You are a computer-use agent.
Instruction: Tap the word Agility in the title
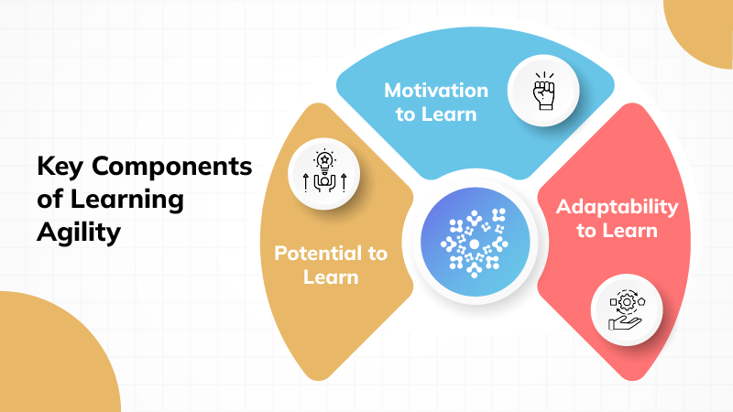click(x=79, y=233)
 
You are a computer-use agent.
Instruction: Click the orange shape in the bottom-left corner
click(x=46, y=362)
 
